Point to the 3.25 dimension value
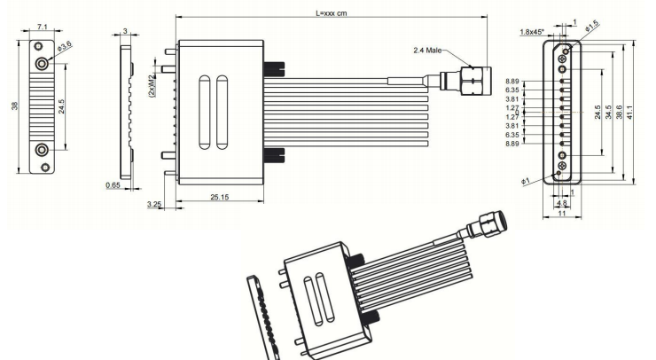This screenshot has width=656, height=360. (x=153, y=204)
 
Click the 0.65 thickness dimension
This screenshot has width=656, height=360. (x=113, y=185)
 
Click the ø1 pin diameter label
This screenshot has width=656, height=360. (x=526, y=182)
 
